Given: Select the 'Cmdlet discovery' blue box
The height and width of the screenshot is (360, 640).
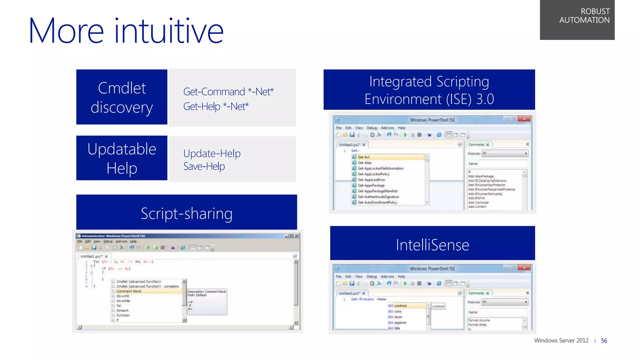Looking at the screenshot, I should point(122,97).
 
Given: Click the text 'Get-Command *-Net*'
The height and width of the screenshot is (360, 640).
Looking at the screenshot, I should point(228,92).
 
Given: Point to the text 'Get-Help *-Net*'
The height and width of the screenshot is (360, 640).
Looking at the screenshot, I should point(216,107).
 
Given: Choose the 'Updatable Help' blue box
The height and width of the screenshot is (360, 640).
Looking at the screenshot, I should point(122,158).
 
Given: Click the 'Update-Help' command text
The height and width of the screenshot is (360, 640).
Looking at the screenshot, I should point(212,153).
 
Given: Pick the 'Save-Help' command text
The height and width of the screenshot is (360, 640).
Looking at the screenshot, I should point(204,167).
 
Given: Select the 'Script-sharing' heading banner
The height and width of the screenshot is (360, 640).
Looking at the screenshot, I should point(187,213).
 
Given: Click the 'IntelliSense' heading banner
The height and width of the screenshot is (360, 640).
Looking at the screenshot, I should point(432,245).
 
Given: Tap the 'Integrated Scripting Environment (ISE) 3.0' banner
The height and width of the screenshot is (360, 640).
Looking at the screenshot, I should point(429,90).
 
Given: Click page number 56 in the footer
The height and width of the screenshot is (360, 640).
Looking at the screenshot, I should point(604,341).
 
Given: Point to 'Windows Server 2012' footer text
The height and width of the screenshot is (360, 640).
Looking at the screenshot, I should point(561,341).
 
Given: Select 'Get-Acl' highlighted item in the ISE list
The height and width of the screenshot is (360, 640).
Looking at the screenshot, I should point(364,157).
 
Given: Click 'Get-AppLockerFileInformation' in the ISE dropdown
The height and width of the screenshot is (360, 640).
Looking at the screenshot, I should point(380,168).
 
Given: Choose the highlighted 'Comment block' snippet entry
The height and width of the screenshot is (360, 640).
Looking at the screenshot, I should point(129,291).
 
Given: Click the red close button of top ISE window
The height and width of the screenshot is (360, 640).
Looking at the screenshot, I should point(524,119).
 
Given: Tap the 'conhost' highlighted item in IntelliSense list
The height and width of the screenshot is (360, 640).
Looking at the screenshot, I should point(400,306).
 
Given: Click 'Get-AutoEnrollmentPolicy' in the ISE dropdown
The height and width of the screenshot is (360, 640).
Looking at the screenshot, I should point(377,202).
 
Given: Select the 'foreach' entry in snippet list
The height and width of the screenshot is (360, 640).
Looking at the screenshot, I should point(122,311).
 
